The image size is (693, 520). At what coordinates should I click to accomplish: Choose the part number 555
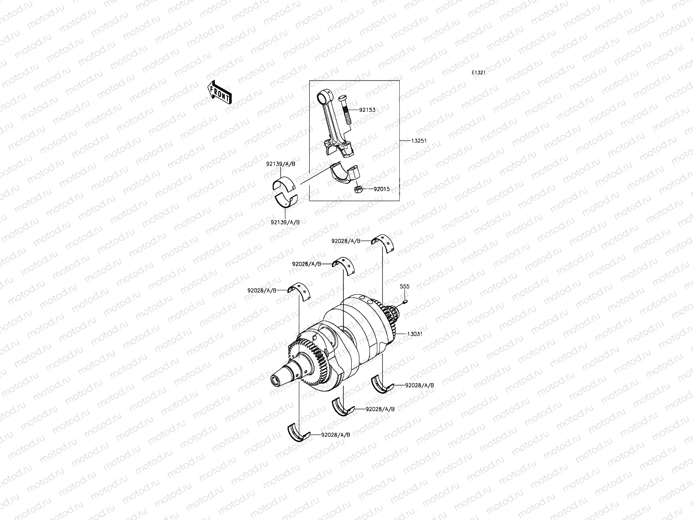coord(405,286)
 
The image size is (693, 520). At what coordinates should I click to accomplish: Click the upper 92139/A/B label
coord(281,164)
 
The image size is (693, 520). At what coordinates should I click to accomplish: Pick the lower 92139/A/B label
coord(284,222)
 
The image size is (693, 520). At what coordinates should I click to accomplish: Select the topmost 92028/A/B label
coord(346,240)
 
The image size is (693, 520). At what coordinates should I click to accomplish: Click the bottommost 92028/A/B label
coord(336,435)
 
